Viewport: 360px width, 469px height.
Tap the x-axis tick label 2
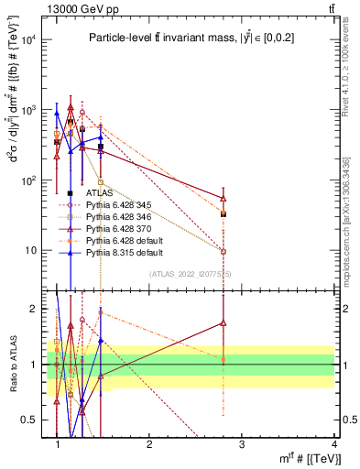(149, 444)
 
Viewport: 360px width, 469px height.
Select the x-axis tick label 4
(334, 444)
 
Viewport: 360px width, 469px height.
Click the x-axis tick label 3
(242, 444)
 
